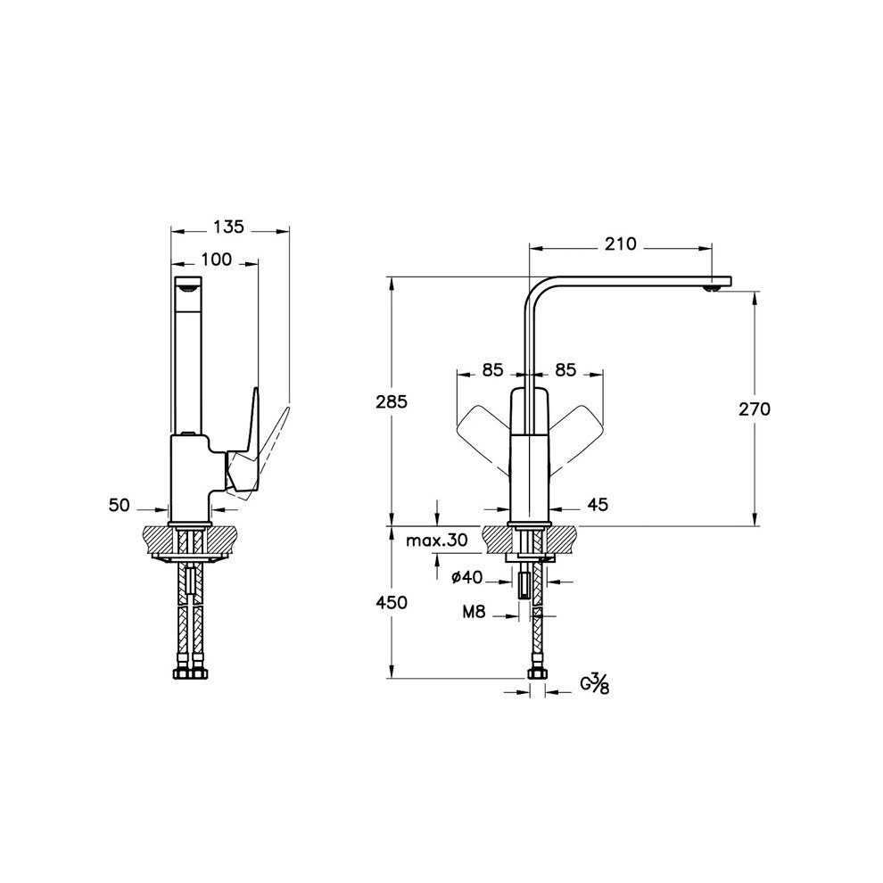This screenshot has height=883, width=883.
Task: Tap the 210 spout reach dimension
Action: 618,243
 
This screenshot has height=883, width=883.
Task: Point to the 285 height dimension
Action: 391,401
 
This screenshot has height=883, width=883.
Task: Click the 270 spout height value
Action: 754,408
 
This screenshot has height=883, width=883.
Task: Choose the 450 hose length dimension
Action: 391,603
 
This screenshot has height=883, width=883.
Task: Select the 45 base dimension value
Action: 597,506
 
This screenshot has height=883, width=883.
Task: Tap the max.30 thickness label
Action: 436,541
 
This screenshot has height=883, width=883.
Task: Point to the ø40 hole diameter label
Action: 466,578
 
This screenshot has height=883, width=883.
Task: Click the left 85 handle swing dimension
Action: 493,367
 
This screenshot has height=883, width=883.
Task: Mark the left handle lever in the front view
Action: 482,432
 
